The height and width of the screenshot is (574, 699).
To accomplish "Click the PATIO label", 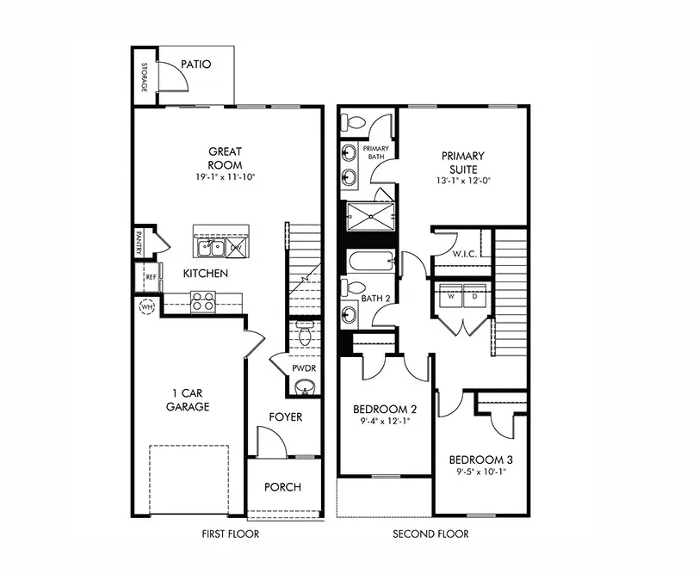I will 197,64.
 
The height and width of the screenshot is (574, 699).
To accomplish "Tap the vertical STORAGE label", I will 145,77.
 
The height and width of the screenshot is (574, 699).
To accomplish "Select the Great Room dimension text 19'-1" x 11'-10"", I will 226,177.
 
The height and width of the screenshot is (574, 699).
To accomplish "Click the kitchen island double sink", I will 211,249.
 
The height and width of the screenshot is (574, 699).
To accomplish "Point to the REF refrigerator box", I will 150,277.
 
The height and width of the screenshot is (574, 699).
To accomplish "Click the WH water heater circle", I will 145,306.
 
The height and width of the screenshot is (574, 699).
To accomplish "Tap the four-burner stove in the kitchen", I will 202,301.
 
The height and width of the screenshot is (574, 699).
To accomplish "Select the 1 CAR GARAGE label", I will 189,400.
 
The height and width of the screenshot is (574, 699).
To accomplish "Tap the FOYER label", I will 285,417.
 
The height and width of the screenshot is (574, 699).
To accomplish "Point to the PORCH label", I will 283,487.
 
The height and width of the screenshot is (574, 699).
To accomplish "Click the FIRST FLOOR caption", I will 230,534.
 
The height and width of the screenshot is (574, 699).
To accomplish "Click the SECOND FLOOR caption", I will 431,534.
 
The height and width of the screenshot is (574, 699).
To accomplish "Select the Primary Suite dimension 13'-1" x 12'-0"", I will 463,182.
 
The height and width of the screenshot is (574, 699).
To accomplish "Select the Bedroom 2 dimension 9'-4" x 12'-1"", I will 384,422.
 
